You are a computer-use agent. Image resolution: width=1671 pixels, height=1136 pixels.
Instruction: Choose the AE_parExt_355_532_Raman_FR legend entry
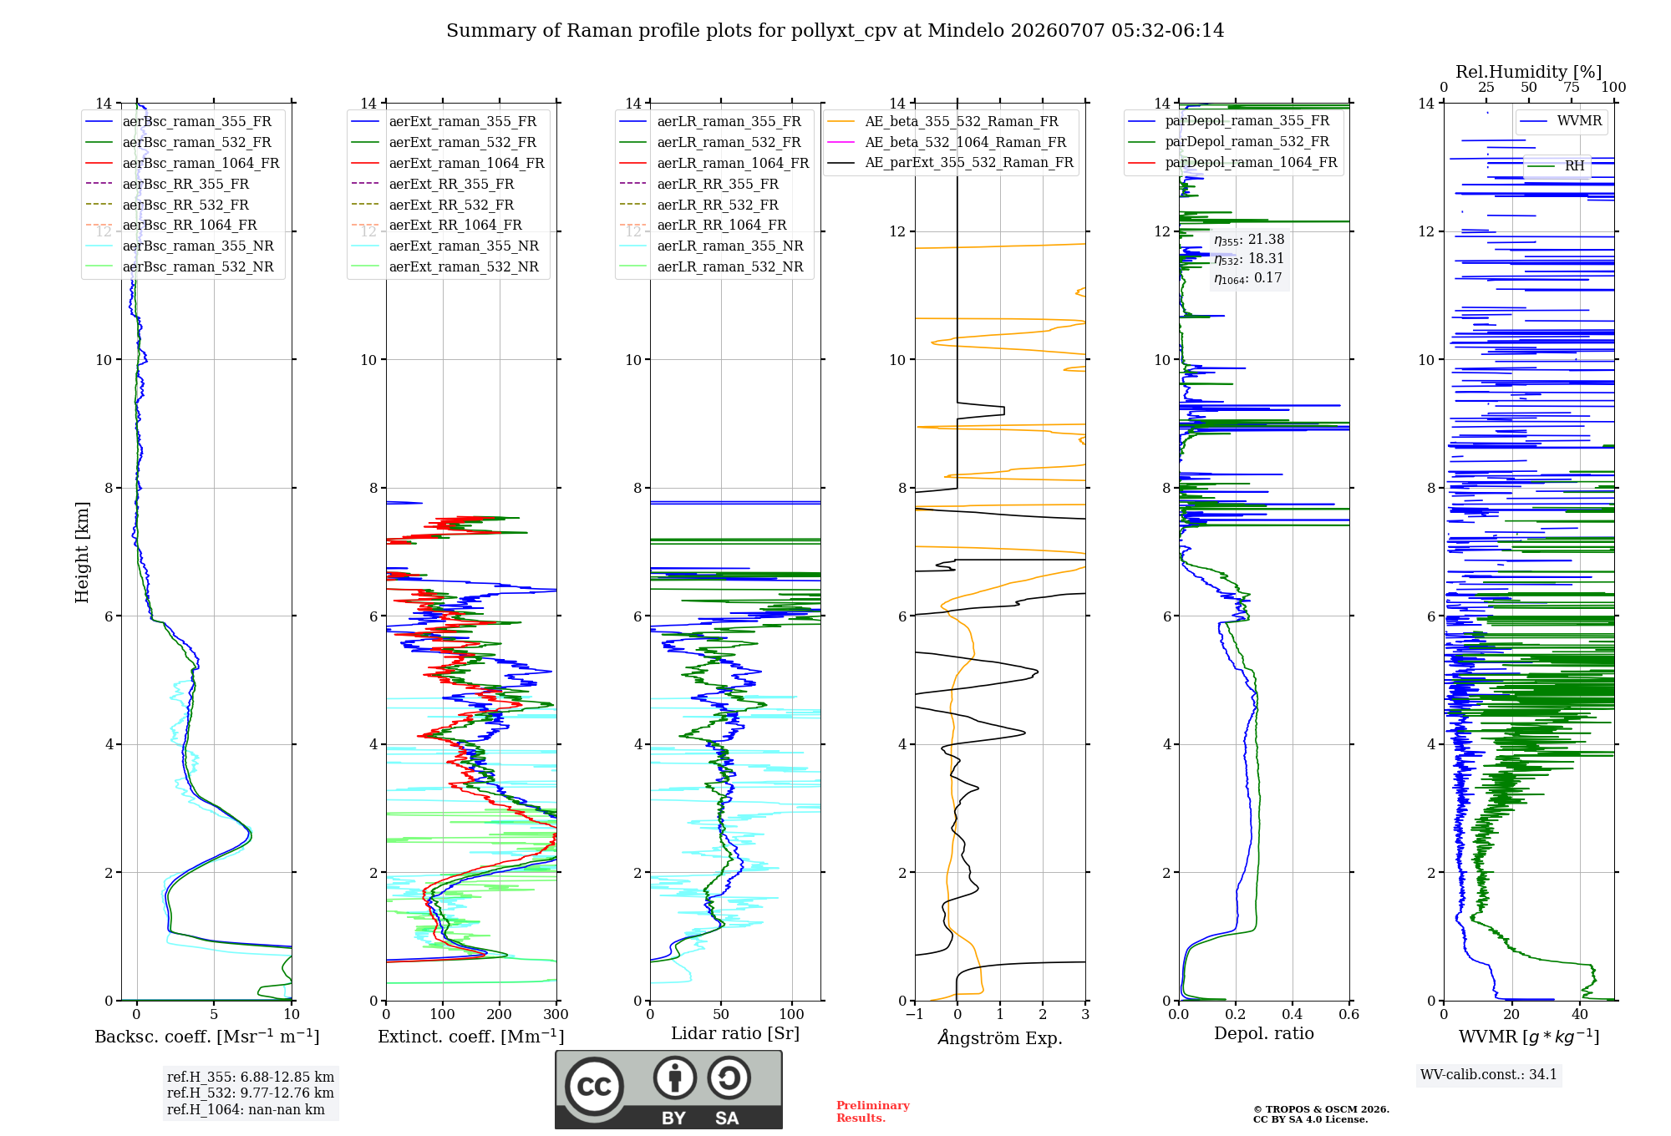(x=951, y=162)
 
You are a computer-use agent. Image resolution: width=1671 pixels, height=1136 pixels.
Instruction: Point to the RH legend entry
(x=1557, y=166)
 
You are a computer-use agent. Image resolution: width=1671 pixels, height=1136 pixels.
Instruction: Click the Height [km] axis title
(x=82, y=552)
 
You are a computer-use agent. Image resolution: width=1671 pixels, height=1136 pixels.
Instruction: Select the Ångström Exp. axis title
(x=1000, y=1037)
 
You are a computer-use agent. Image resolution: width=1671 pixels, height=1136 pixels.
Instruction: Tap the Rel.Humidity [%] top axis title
(x=1529, y=72)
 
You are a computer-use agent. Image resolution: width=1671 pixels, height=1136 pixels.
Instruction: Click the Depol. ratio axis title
(x=1264, y=1033)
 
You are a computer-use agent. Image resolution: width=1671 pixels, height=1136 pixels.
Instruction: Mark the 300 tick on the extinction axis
(x=556, y=1014)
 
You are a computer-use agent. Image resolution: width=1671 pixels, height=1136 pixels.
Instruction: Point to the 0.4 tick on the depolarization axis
(x=1293, y=1014)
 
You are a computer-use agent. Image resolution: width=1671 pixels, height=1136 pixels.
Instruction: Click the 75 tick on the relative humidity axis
(x=1572, y=88)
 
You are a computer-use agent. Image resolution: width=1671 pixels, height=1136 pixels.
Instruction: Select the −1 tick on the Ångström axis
(x=915, y=1014)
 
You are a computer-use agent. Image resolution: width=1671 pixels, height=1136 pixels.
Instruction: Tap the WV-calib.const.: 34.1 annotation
(x=1489, y=1074)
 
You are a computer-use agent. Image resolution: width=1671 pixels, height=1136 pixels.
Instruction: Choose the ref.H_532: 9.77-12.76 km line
(x=250, y=1093)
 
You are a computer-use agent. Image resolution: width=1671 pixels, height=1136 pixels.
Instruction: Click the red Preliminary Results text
(x=873, y=1112)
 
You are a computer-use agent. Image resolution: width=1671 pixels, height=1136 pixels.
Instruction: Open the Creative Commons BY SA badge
(x=669, y=1090)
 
